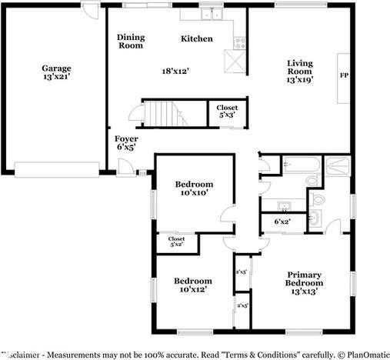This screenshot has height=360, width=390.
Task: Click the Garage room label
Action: [x=56, y=68]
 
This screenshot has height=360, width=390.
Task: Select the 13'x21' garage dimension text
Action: [x=56, y=78]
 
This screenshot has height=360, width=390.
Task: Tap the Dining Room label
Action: [x=130, y=41]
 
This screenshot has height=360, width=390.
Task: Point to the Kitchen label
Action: [x=196, y=38]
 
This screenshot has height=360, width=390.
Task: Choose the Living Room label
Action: [x=300, y=68]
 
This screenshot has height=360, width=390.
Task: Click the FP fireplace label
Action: [x=343, y=75]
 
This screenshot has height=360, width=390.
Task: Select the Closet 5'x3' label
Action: [x=227, y=111]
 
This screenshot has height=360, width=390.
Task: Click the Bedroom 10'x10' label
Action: [x=193, y=188]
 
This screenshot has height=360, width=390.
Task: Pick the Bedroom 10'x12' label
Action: [x=192, y=285]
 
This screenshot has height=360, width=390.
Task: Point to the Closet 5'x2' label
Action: [x=175, y=242]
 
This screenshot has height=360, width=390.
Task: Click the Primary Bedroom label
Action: [x=304, y=282]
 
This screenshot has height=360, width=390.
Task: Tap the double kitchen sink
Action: [x=208, y=14]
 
